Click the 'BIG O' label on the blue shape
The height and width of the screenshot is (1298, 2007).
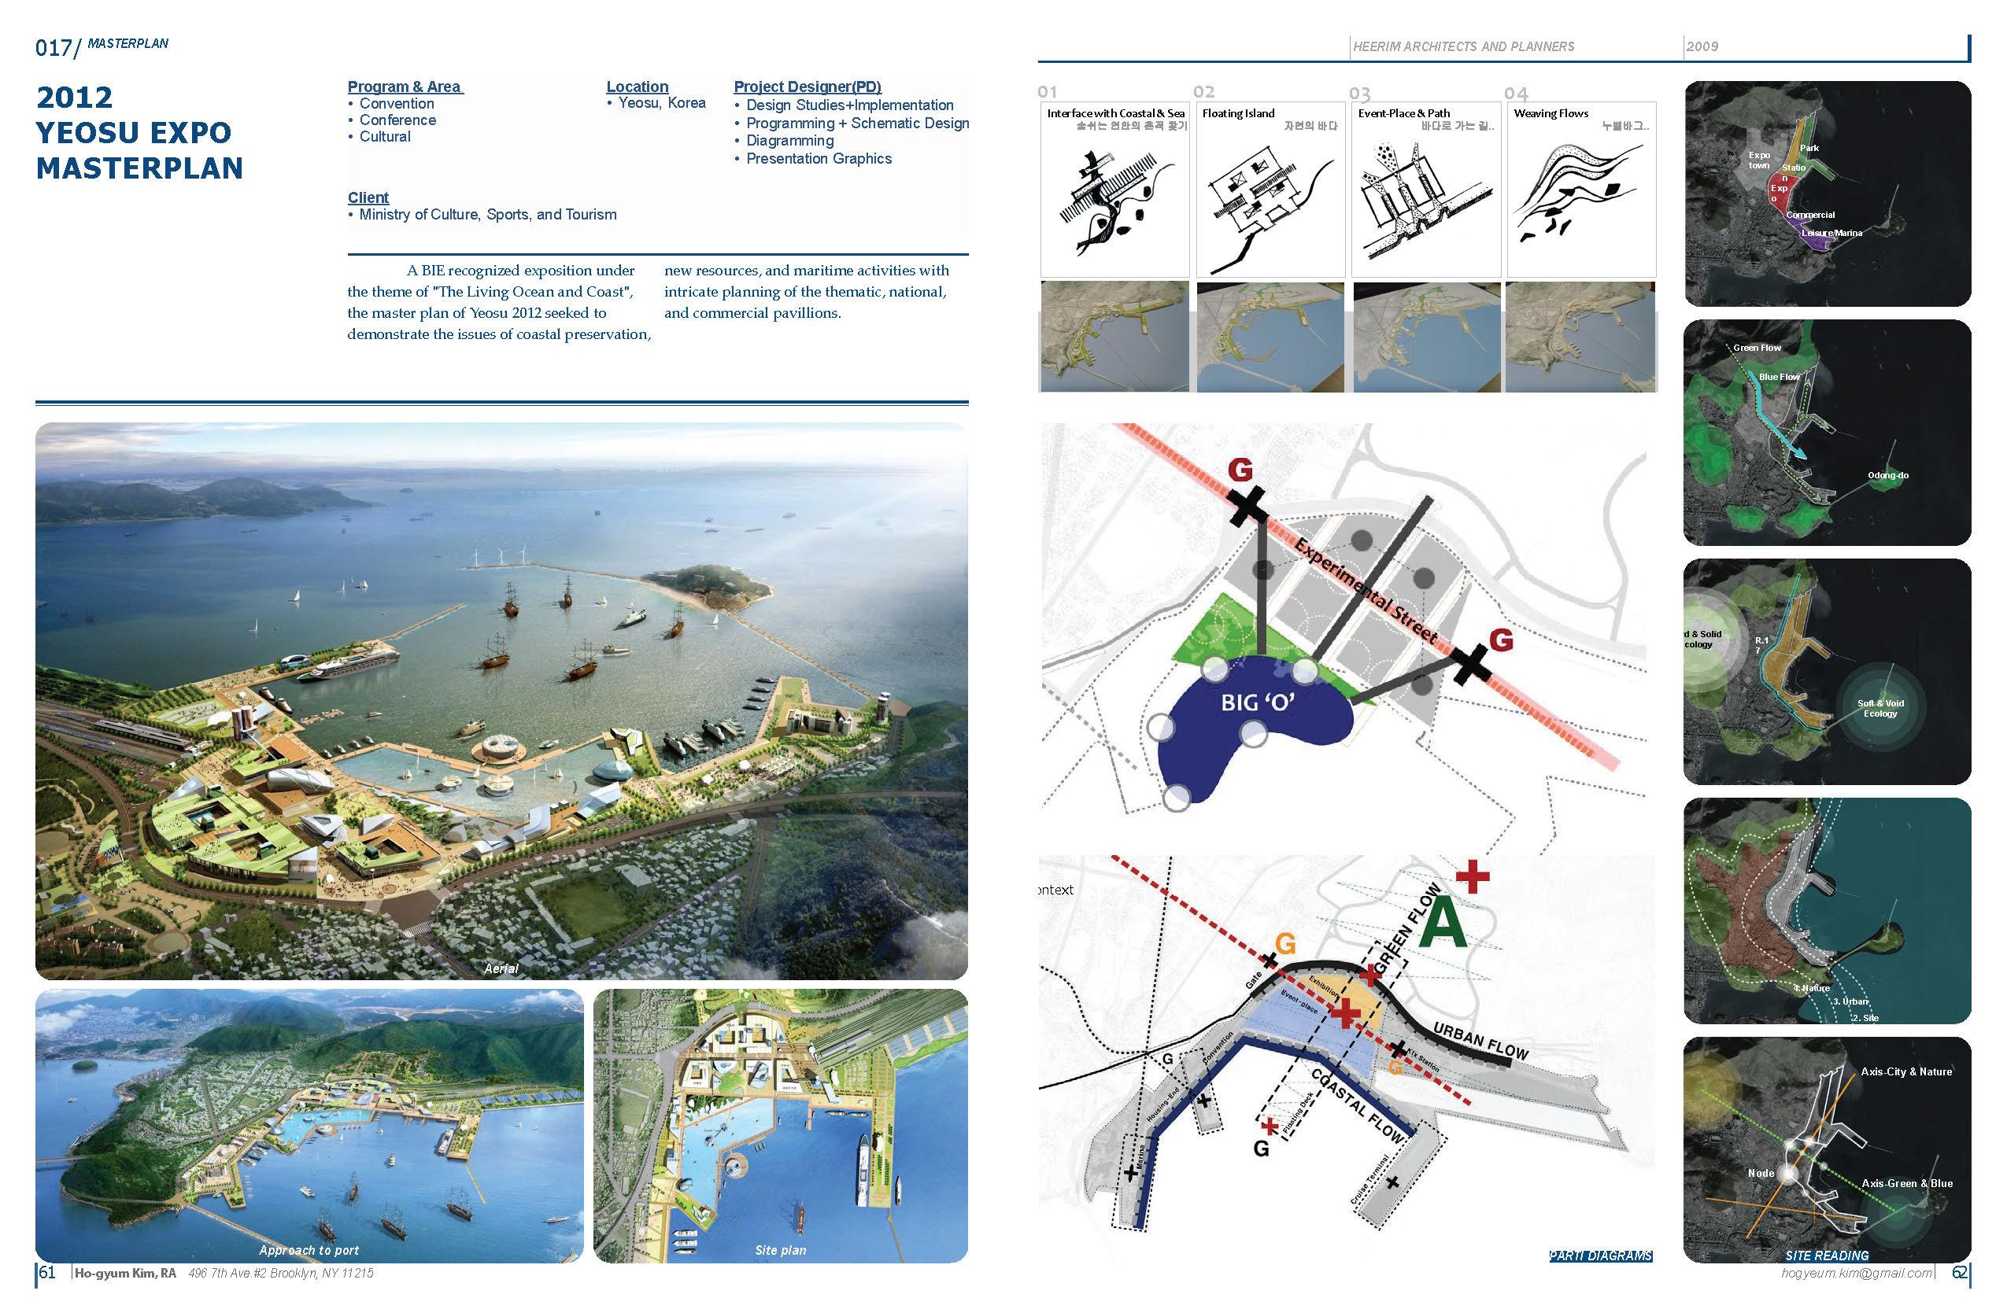point(1258,701)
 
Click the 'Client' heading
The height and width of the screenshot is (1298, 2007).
point(368,197)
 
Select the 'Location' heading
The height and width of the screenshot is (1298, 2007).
point(637,86)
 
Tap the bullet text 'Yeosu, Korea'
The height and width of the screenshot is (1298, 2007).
point(661,103)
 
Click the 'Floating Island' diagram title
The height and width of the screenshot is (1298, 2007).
point(1238,113)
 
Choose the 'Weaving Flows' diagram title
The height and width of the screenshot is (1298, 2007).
point(1550,113)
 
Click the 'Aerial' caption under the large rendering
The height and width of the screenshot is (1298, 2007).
point(501,968)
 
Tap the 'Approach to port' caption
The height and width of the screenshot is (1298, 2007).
point(309,1250)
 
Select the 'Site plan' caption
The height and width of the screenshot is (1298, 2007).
point(780,1250)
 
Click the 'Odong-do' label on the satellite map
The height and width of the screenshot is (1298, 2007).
point(1887,475)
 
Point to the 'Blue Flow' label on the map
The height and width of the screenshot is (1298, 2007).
point(1779,377)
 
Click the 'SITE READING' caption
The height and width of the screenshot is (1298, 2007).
point(1827,1255)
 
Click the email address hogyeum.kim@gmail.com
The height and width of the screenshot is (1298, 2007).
point(1856,1273)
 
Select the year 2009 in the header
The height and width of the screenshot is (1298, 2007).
point(1702,46)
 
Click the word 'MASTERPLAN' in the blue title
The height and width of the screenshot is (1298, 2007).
point(139,168)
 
